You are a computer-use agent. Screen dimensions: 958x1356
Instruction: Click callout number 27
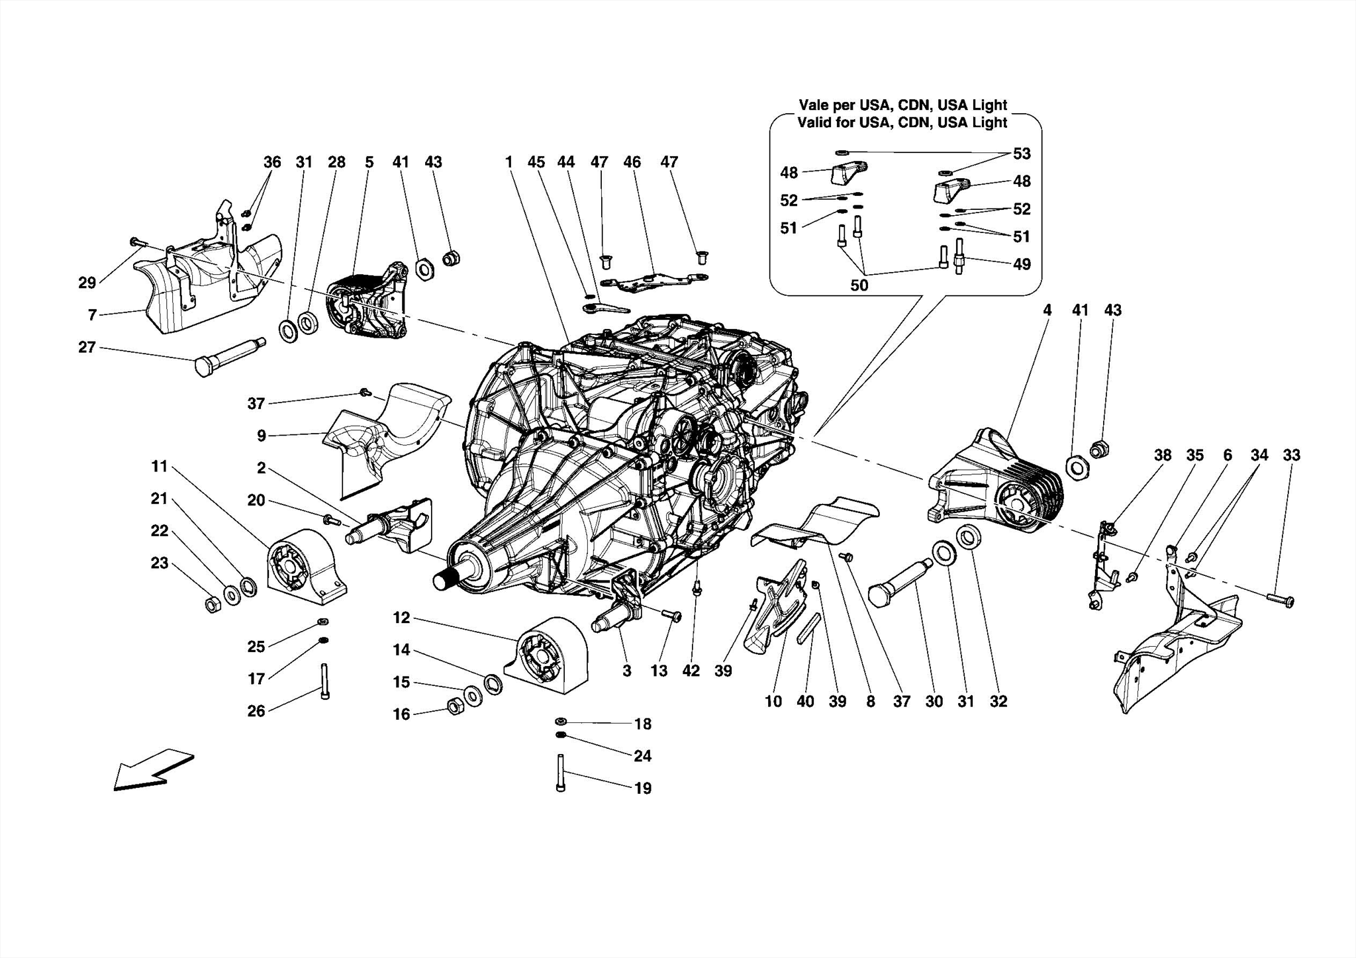tap(87, 347)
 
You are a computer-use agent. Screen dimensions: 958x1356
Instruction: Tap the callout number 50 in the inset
tap(859, 285)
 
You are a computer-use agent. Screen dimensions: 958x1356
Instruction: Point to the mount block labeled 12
tap(547, 655)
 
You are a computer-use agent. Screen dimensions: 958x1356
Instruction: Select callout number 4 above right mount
tap(1047, 310)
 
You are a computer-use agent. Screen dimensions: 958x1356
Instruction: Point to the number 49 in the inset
tap(1022, 264)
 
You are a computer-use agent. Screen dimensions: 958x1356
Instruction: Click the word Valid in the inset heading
tap(815, 122)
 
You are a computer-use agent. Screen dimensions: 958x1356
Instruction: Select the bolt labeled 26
tap(324, 681)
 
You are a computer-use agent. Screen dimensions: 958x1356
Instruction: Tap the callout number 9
tap(262, 436)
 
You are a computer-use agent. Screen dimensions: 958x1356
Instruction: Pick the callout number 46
tap(632, 162)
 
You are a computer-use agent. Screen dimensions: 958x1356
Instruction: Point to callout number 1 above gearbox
tap(508, 162)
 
